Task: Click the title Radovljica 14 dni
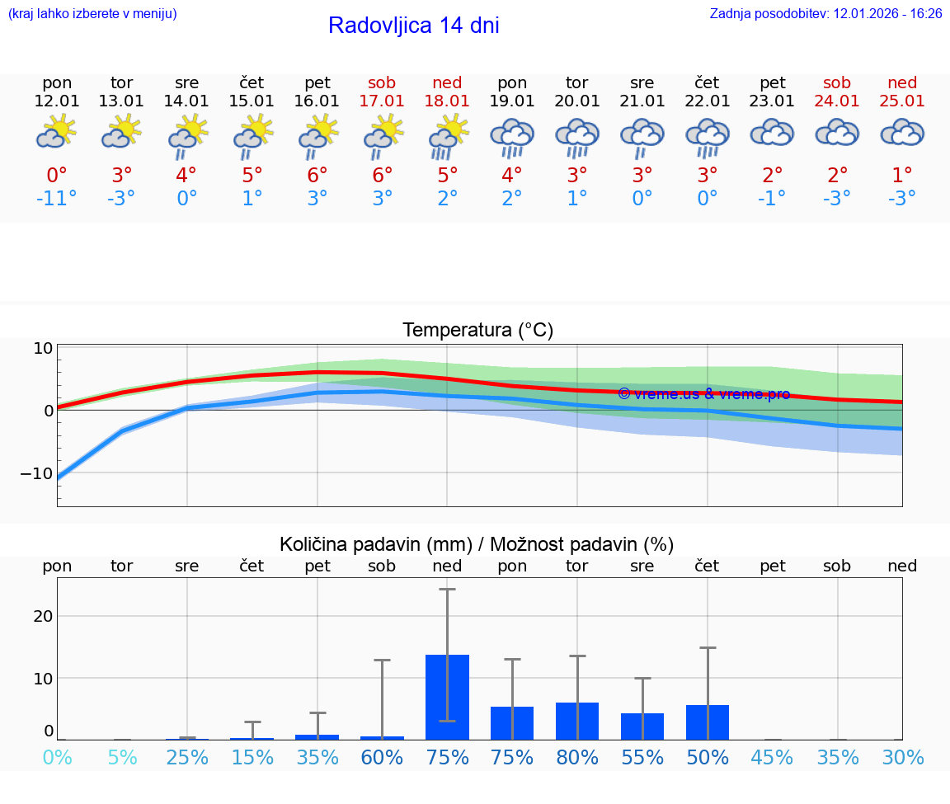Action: (x=413, y=26)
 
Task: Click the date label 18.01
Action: (x=447, y=101)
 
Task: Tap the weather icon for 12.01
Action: (x=57, y=132)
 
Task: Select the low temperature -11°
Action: (x=56, y=199)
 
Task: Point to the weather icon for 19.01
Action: (x=512, y=134)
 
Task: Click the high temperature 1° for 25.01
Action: (x=902, y=175)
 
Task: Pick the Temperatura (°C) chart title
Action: (x=477, y=331)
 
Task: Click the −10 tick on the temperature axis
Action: (x=36, y=473)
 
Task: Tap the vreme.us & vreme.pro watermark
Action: (x=703, y=394)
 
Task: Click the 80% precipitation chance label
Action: (x=576, y=757)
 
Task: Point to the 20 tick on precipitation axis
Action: (x=43, y=616)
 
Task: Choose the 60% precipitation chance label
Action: (x=382, y=757)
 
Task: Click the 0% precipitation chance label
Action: (x=57, y=757)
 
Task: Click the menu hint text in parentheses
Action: (x=92, y=14)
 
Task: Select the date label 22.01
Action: (x=707, y=101)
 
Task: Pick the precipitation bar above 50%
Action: (x=707, y=722)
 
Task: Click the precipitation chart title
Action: (x=477, y=544)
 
